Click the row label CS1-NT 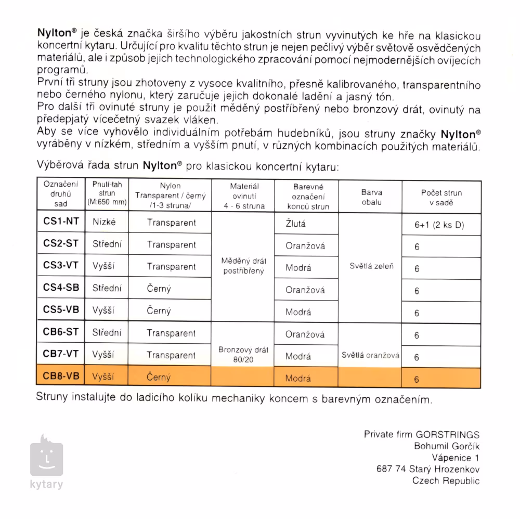coord(61,222)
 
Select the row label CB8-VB coord(61,376)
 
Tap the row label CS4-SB coord(61,288)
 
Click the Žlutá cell coord(296,224)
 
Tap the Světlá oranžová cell coord(371,356)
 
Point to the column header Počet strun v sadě coord(441,197)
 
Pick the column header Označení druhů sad coord(61,193)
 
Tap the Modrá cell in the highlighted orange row coord(298,378)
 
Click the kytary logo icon coord(47,457)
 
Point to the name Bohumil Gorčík coord(447,446)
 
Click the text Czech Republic coord(446,481)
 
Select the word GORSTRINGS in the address coord(447,434)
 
